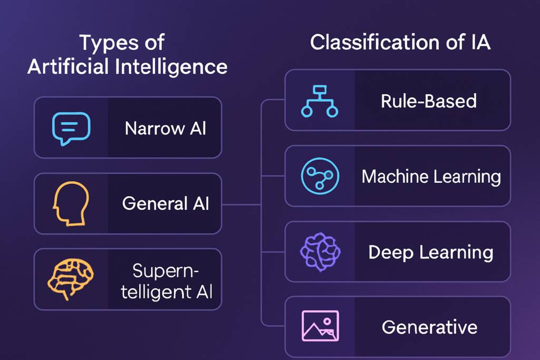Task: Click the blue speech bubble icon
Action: coord(71,128)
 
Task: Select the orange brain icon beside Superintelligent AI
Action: coord(70,279)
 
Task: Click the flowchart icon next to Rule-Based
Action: coord(320,102)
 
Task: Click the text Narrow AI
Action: coord(165,129)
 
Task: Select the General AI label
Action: coord(165,203)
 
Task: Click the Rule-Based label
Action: coord(429,101)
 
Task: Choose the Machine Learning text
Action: coord(431,177)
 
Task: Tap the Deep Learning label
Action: coord(431,252)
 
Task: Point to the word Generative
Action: coord(429,327)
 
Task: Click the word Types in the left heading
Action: coord(109,43)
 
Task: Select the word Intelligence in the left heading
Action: coord(171,66)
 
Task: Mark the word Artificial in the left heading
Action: coord(68,66)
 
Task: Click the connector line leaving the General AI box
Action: coord(241,205)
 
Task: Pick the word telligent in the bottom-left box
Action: coord(156,292)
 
